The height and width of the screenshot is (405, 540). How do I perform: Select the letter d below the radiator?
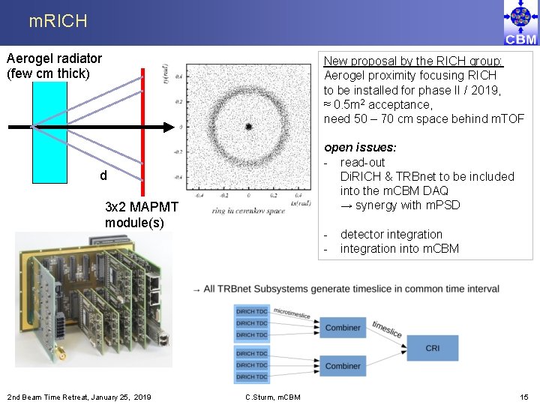[103, 176]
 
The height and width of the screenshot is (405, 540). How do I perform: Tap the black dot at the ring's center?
[248, 127]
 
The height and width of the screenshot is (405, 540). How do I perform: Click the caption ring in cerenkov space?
[248, 211]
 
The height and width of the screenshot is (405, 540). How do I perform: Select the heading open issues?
[360, 148]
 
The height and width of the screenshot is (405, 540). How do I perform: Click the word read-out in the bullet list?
[362, 162]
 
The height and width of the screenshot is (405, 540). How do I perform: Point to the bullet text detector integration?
[391, 234]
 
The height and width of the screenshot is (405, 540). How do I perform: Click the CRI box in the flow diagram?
[433, 348]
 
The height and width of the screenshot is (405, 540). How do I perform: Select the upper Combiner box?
[343, 328]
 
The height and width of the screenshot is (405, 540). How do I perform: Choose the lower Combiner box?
[343, 366]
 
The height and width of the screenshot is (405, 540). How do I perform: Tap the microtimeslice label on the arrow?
[292, 313]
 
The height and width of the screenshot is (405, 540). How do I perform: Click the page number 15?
[523, 396]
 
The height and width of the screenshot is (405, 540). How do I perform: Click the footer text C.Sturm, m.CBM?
[273, 397]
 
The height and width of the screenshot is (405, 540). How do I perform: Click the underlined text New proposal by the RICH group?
[413, 61]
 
